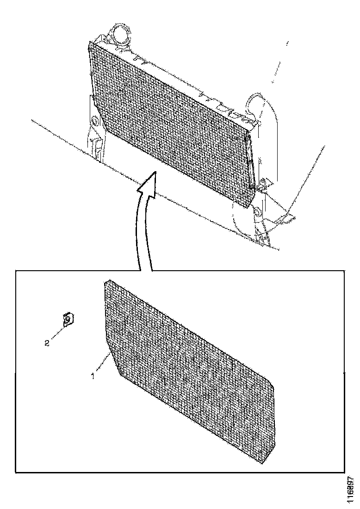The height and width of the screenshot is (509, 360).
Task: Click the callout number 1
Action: (x=93, y=377)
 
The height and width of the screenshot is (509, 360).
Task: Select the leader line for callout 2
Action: (x=58, y=333)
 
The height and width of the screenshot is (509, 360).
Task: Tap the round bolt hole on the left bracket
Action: (x=95, y=121)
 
